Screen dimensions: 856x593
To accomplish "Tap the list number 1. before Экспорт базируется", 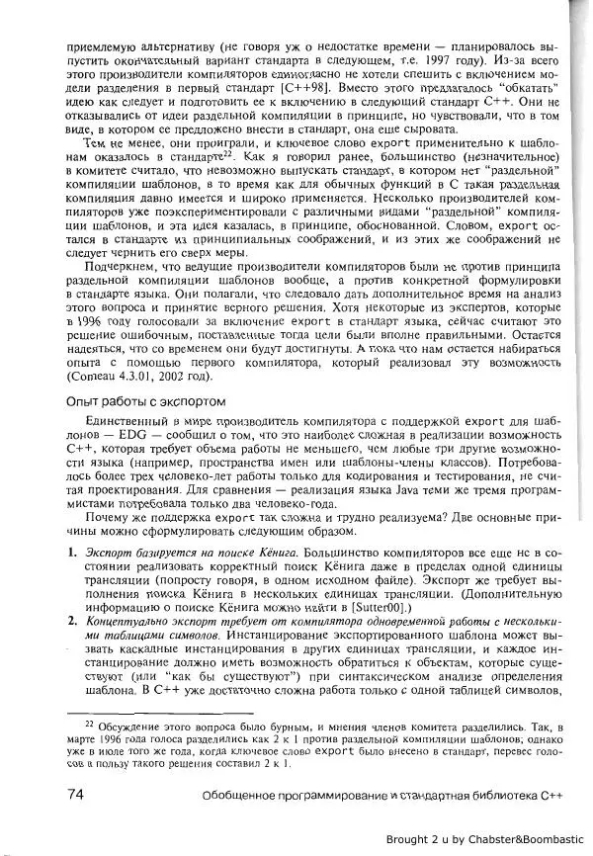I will click(x=70, y=549).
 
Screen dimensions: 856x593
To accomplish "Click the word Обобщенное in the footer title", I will click(x=240, y=795).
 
